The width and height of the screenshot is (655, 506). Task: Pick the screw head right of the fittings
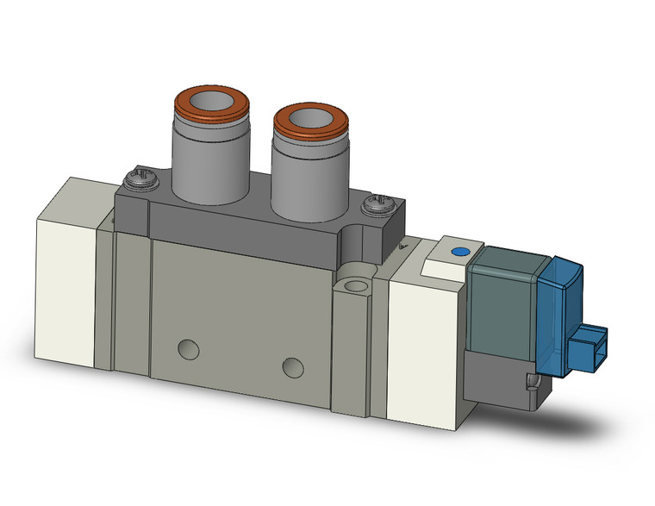[377, 206]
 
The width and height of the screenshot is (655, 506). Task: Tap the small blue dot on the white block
[458, 252]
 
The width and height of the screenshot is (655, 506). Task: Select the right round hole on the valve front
[294, 366]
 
